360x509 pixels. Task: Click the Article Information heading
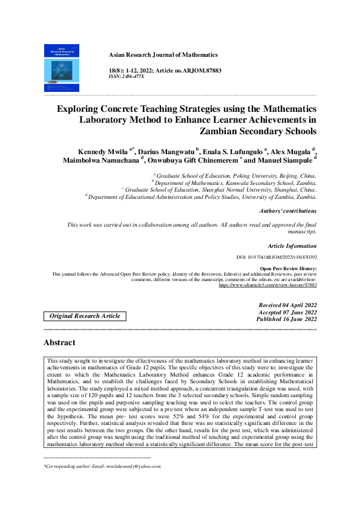(x=292, y=246)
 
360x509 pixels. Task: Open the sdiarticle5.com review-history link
(x=267, y=285)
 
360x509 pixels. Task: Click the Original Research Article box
(x=85, y=316)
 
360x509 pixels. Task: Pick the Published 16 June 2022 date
(x=287, y=319)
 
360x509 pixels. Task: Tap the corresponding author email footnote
(x=101, y=467)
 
